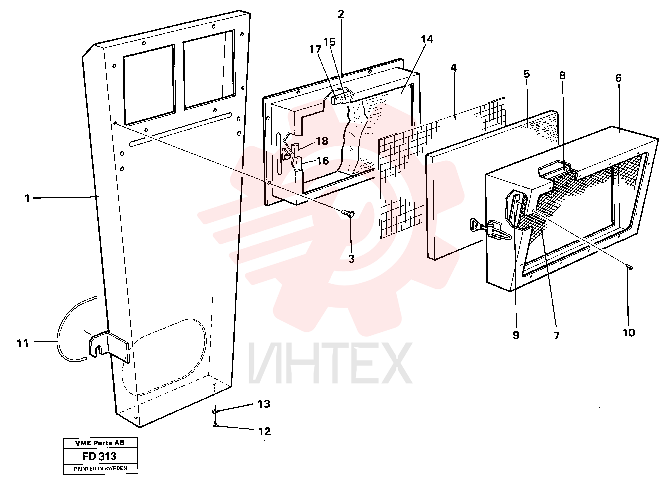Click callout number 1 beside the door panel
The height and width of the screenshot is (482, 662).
(x=27, y=198)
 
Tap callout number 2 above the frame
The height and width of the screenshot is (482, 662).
(x=341, y=14)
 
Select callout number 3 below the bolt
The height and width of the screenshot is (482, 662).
(x=351, y=259)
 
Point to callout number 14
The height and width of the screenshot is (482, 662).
(x=427, y=39)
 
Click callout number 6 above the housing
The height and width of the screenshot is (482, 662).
(x=618, y=78)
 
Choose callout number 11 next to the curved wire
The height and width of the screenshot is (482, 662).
(x=23, y=343)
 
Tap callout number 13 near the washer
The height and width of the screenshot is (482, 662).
(x=264, y=404)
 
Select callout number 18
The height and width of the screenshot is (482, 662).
(x=322, y=141)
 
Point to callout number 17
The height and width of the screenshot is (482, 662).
(x=315, y=49)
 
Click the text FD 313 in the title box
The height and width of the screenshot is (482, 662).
(x=99, y=456)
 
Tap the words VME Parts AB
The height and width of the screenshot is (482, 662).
(x=100, y=443)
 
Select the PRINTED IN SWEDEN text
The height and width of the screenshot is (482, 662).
(x=100, y=469)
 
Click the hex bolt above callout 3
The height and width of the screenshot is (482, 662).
(x=348, y=214)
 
